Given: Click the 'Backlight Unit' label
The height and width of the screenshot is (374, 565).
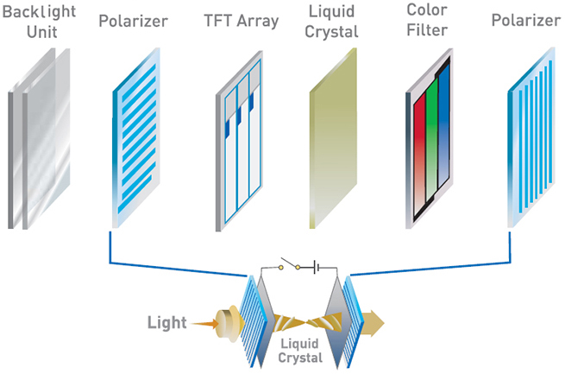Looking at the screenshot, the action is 40,22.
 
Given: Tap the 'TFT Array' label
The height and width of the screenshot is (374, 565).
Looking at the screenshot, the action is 242,21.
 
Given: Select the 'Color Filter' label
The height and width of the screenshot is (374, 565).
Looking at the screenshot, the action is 427,20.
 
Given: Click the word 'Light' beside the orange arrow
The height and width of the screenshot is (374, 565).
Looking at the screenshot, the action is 166,322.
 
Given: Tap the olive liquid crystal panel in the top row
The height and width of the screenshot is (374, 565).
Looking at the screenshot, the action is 333,138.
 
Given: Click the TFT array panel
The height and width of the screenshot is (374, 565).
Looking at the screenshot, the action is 239,141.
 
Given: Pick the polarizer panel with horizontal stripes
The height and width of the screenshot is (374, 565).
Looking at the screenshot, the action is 136,138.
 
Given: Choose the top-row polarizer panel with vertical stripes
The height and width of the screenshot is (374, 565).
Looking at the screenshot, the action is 531,137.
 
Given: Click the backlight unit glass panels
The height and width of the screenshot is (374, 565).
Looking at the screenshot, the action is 39,138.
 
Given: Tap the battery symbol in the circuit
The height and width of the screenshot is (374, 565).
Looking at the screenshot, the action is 317,267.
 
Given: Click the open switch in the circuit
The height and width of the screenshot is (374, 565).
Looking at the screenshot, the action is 289,264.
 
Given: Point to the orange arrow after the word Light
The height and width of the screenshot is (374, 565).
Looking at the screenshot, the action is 204,324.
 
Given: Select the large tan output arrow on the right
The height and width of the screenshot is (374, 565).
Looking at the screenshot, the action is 374,323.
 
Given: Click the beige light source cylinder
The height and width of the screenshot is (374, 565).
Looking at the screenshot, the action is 227,323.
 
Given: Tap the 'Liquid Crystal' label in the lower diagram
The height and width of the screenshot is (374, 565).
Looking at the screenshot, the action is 300,351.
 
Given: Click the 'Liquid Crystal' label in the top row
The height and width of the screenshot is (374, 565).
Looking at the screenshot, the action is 331,22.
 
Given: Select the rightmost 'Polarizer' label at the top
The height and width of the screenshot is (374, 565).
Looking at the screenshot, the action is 526,20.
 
